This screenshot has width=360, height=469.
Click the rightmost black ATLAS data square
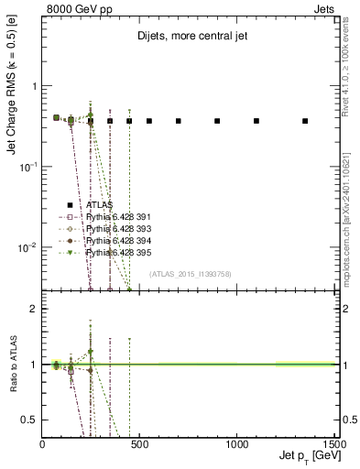(x=305, y=121)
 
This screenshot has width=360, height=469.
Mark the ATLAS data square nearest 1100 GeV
(x=256, y=121)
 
